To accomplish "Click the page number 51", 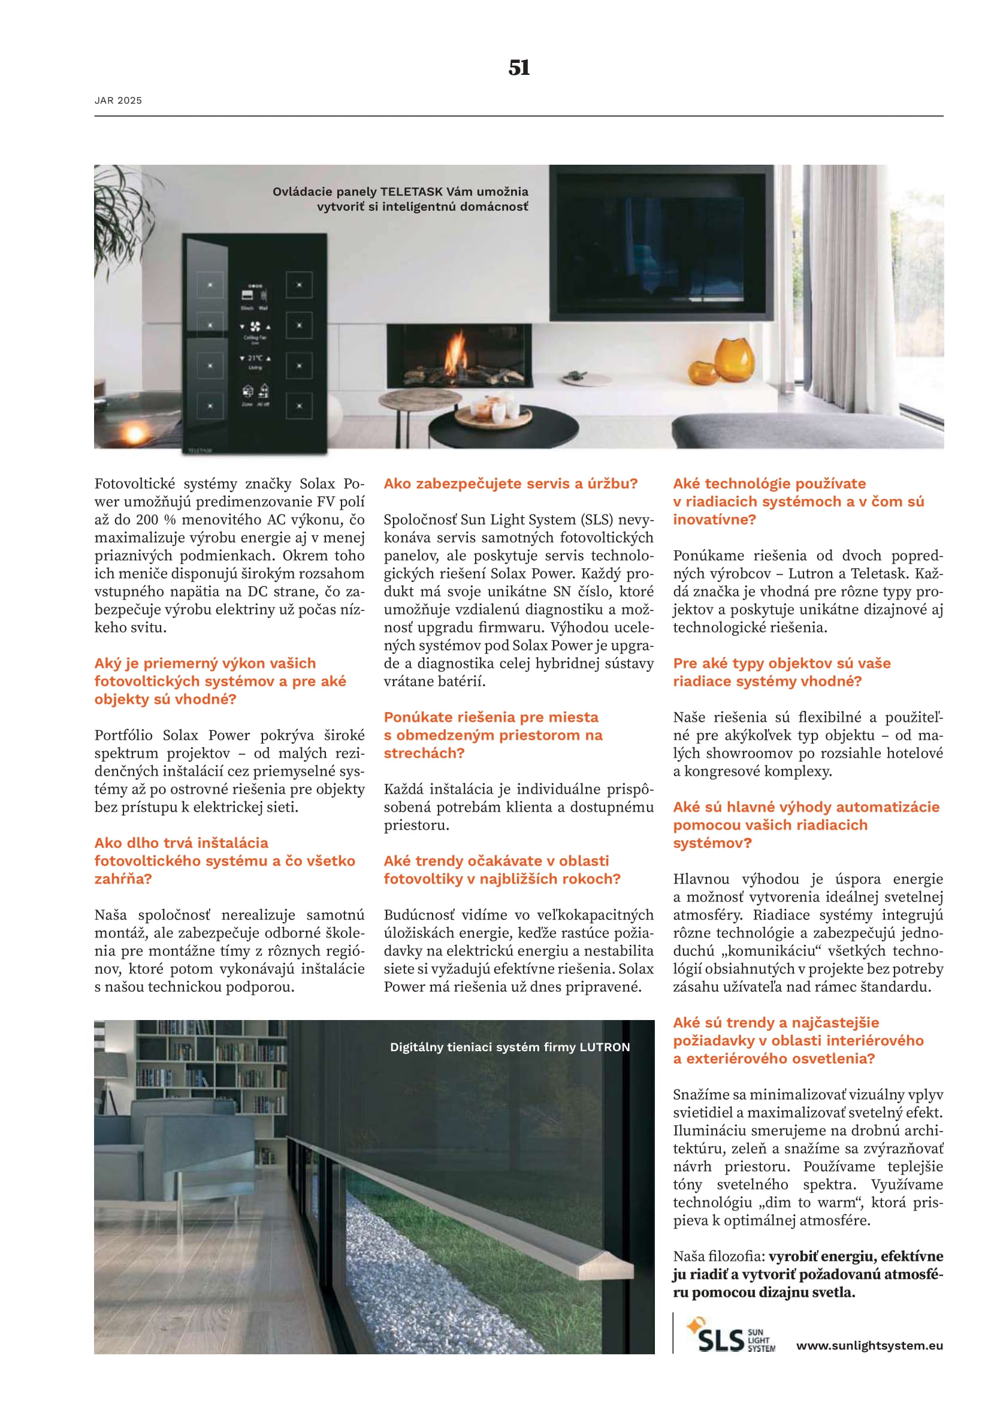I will coord(519,67).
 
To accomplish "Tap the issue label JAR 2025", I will coord(119,101).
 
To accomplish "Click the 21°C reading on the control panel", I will coord(255,358).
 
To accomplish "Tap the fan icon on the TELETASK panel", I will coord(255,327).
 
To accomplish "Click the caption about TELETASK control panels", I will coord(400,199).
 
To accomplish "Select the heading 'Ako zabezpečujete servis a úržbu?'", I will coord(510,484).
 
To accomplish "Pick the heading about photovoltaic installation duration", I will coord(225,860).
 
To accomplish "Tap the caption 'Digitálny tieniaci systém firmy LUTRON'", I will coord(509,1047).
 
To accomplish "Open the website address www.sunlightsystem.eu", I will coord(869,1345).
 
